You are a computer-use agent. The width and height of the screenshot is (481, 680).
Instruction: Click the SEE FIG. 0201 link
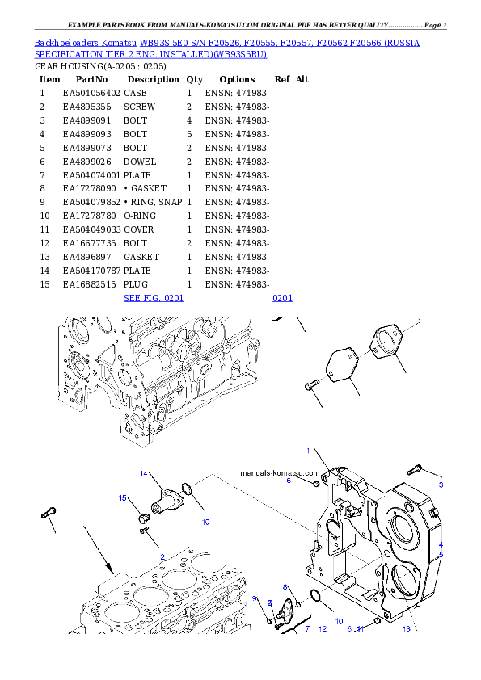point(154,298)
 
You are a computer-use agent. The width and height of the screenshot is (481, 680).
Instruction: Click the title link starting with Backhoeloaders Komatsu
point(226,48)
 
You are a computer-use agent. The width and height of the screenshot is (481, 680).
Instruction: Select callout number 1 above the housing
point(307,450)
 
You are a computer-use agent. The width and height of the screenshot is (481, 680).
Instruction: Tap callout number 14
point(144,473)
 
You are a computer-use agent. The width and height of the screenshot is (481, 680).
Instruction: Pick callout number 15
point(124,498)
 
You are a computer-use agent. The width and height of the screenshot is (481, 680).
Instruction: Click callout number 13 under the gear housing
point(406,628)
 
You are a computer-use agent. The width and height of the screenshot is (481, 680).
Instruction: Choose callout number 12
point(322,628)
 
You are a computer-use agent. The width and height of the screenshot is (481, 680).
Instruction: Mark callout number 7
point(306,628)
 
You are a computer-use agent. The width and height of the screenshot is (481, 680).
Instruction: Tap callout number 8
point(285,586)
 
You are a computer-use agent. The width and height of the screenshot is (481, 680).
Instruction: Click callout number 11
point(361,628)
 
